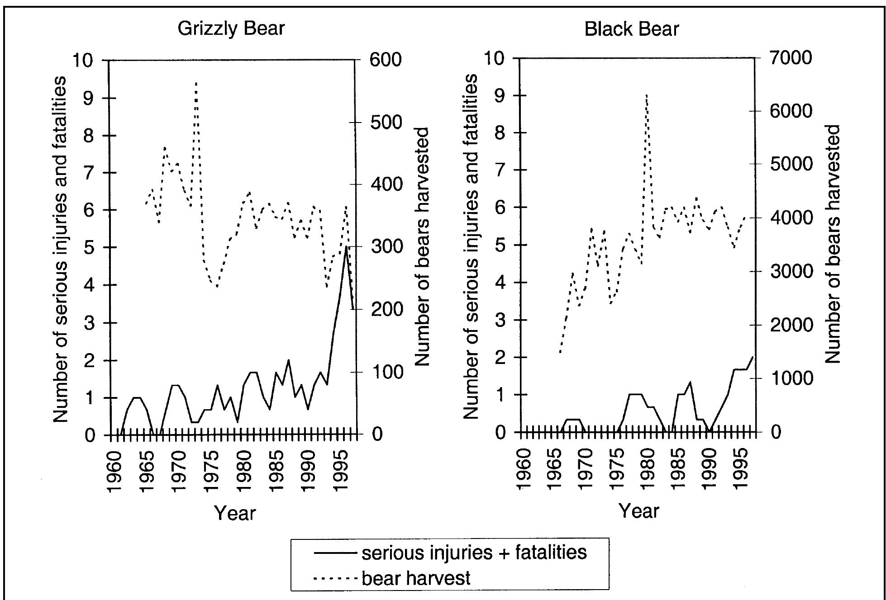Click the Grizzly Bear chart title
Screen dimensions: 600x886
[231, 28]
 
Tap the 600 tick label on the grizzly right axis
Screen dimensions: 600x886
[385, 60]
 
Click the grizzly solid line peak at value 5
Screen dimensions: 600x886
[346, 247]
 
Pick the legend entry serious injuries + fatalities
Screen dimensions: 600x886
[473, 553]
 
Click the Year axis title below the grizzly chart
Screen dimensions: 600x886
[235, 513]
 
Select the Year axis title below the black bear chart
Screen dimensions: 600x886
[638, 511]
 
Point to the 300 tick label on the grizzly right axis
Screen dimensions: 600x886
[385, 247]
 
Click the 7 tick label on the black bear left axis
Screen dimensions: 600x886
[500, 170]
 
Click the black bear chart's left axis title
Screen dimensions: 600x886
[471, 246]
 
